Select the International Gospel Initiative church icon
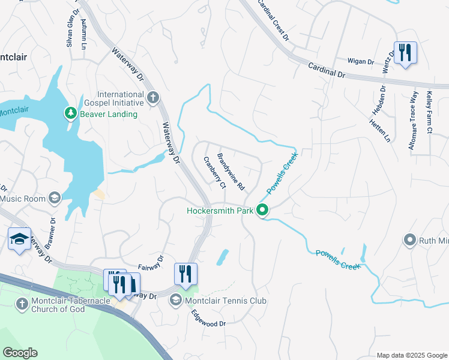(153, 97)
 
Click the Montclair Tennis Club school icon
(176, 300)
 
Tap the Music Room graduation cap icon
(55, 199)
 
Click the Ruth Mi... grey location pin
(410, 241)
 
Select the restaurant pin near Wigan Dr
(405, 53)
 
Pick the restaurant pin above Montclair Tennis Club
(186, 274)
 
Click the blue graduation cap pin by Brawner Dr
(20, 239)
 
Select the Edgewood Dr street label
(209, 319)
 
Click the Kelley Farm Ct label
(429, 112)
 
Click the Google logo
(20, 353)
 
